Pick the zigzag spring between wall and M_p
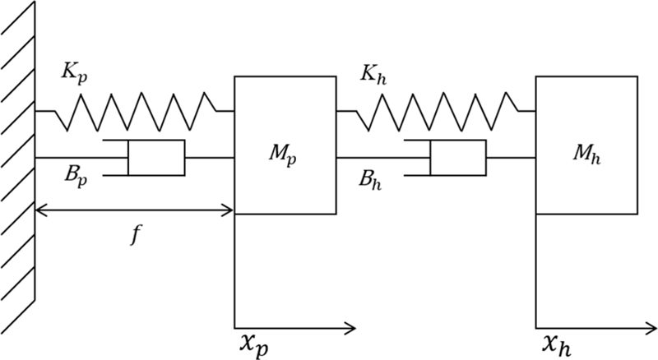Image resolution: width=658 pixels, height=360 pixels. tap(135, 110)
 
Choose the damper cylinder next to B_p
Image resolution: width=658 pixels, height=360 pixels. tap(156, 157)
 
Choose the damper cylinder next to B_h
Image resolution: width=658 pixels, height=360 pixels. tap(457, 157)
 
